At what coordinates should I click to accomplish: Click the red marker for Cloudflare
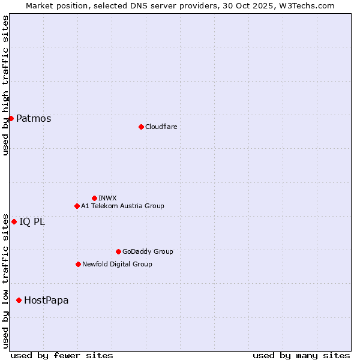(x=141, y=127)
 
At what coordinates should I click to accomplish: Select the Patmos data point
(x=11, y=118)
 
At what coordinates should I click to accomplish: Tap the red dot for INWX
(x=94, y=198)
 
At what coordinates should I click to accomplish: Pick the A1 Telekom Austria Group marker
(x=77, y=206)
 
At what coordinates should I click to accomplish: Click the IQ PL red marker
(x=14, y=221)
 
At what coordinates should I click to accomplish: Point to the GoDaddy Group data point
(x=118, y=251)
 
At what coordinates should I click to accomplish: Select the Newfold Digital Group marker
(x=78, y=264)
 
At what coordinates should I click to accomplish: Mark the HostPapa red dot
(x=19, y=300)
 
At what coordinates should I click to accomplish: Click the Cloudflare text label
(x=161, y=127)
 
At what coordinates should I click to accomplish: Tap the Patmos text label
(x=34, y=118)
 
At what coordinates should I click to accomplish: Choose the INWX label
(x=107, y=198)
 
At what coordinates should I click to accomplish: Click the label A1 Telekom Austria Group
(x=122, y=206)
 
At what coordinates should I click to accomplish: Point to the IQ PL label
(x=32, y=221)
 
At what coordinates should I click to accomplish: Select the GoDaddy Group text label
(x=148, y=251)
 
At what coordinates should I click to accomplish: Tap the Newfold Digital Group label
(x=117, y=264)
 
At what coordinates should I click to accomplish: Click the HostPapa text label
(x=46, y=300)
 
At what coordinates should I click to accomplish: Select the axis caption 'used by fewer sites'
(x=62, y=355)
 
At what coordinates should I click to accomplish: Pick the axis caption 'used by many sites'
(x=301, y=355)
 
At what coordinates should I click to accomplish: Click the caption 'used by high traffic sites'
(x=5, y=85)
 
